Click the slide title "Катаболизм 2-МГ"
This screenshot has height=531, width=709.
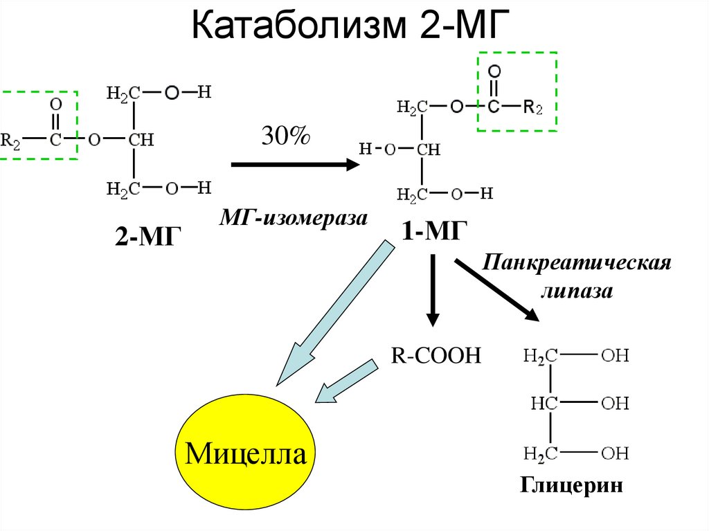[350, 25]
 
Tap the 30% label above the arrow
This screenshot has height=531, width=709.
[286, 135]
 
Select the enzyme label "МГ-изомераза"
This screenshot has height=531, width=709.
[294, 218]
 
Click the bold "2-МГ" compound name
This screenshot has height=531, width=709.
[148, 235]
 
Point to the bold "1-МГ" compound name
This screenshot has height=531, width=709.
[434, 231]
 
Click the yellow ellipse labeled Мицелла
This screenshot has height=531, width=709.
[245, 453]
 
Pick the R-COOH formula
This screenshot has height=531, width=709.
[436, 356]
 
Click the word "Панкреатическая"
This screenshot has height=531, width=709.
[577, 263]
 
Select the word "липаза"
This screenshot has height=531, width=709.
[577, 291]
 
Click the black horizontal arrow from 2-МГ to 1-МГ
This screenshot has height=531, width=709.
[296, 164]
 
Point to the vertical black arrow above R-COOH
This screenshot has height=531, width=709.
[433, 290]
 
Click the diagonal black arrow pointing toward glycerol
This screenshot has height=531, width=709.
[496, 289]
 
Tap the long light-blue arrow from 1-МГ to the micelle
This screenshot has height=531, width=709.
[335, 313]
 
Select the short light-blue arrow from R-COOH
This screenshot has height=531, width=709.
[346, 381]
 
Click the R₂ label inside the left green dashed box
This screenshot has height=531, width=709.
[10, 141]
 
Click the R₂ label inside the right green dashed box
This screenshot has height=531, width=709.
[532, 107]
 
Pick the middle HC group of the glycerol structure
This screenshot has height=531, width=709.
[544, 402]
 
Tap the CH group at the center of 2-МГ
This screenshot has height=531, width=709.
[141, 140]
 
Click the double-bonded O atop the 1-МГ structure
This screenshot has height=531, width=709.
[494, 71]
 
